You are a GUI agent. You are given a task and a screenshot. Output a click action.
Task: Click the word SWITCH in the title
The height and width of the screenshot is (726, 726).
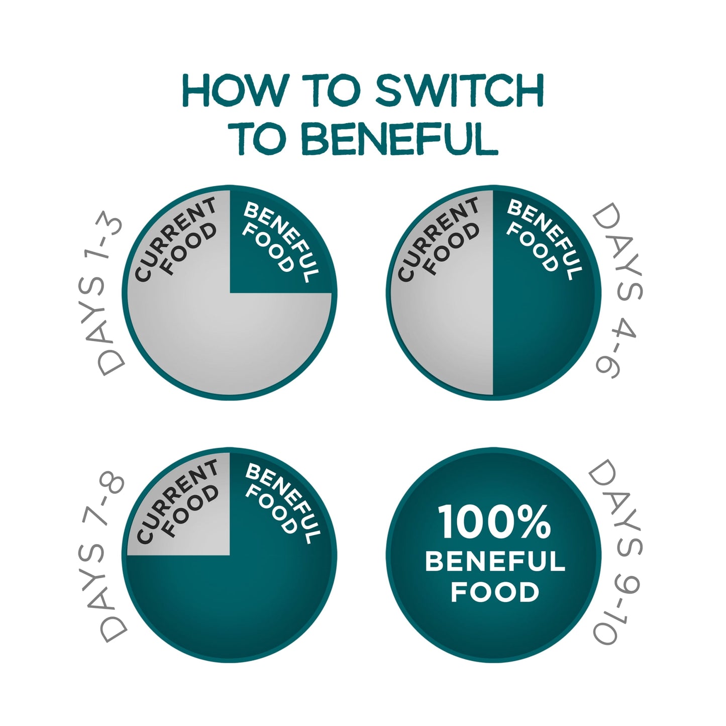coord(459,90)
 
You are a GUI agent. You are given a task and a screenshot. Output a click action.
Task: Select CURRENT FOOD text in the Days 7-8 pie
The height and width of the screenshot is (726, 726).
coord(177,503)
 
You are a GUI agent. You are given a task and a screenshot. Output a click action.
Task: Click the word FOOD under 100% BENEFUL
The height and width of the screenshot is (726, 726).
coord(495,592)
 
